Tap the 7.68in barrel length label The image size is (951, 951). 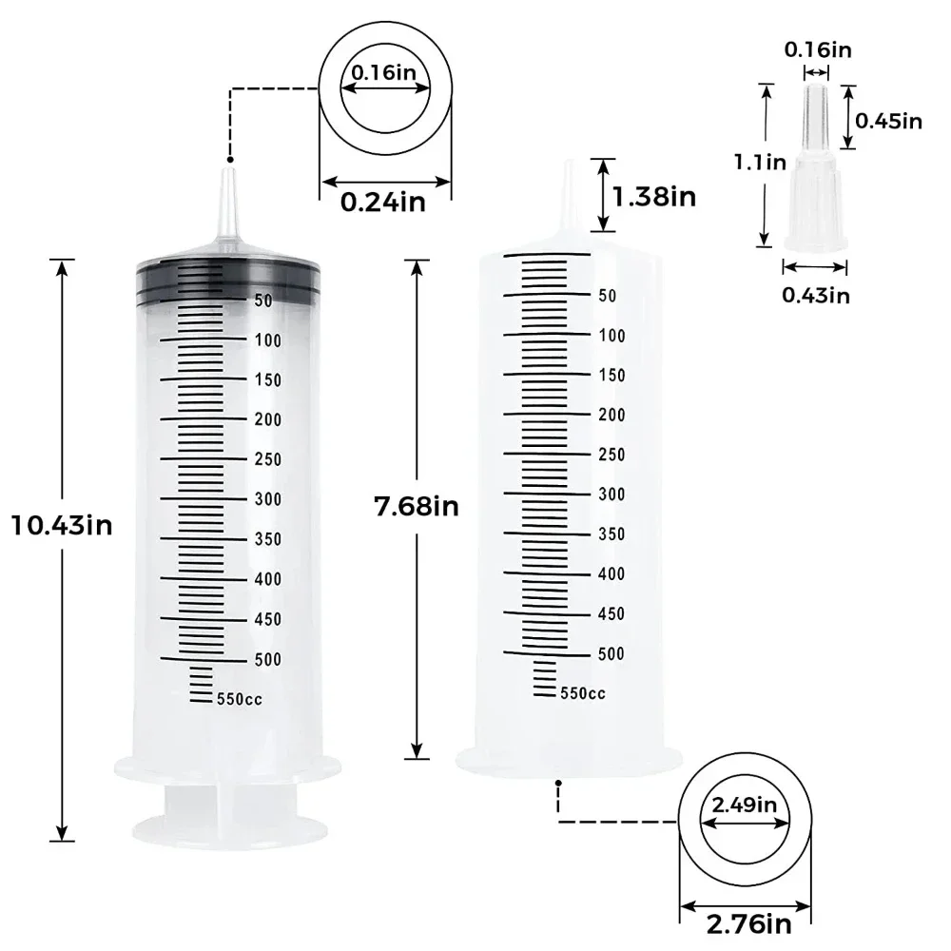coord(417,507)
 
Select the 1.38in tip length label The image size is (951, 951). coord(654,197)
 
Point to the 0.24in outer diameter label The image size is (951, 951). coord(383,202)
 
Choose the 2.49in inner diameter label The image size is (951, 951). coord(745,805)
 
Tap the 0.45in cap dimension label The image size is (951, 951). coord(889,120)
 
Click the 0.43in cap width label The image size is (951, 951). coord(816,295)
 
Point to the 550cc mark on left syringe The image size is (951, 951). coord(239,699)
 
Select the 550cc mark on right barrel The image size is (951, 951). coord(582,693)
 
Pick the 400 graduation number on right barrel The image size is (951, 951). coord(611,573)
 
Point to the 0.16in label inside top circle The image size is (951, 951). coord(383,70)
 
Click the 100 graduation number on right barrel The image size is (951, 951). coord(611,336)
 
